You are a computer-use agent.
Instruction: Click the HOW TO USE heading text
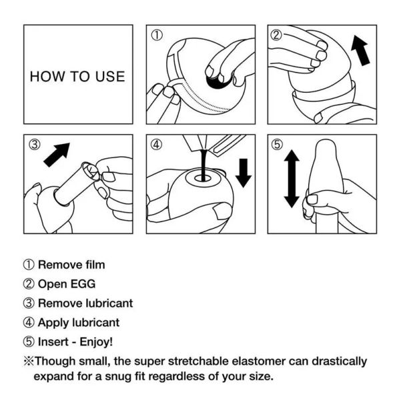(x=77, y=76)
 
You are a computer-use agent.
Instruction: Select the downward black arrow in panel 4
(x=244, y=172)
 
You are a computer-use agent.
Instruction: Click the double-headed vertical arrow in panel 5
(x=292, y=178)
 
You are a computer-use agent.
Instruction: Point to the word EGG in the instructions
(x=82, y=284)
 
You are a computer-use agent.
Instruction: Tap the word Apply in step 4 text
(x=53, y=323)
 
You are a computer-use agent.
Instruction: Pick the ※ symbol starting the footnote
(x=28, y=362)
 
